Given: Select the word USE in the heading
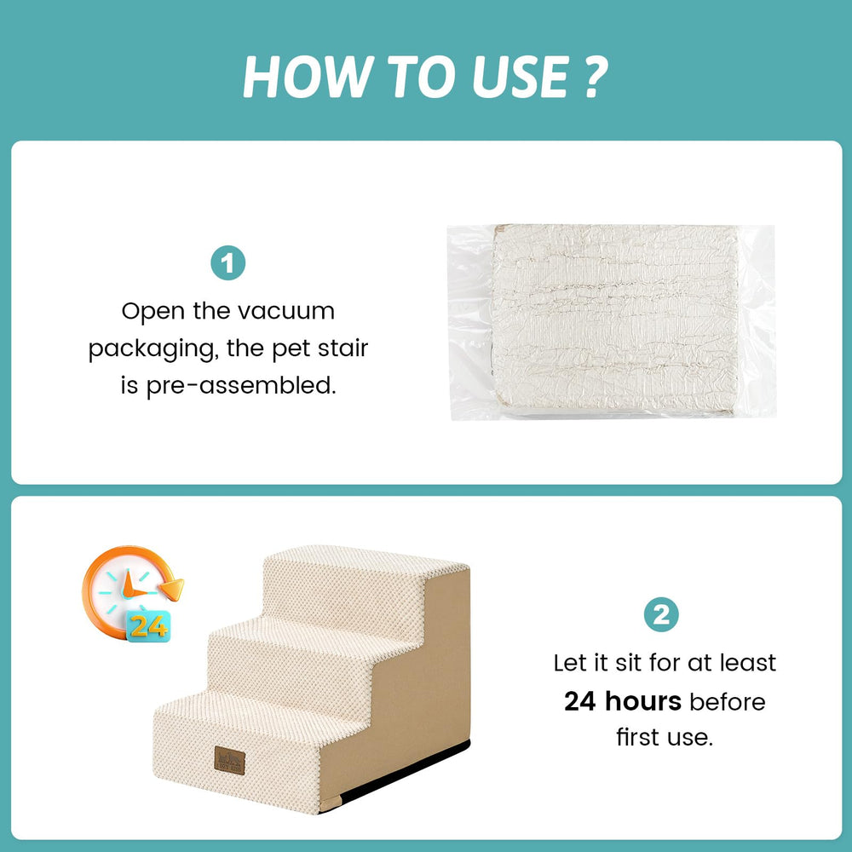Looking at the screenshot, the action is point(521,77).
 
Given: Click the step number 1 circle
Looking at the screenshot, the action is point(227,263).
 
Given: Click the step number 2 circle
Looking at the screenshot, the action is point(661,615).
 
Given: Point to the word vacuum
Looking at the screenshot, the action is point(285,311).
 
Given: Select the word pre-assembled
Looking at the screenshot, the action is point(241,386).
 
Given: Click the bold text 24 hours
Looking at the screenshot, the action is point(623,701).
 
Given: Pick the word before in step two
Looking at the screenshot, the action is point(728,701).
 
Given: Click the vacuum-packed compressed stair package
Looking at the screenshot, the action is point(611,322).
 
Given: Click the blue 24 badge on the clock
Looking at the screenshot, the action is point(148,626).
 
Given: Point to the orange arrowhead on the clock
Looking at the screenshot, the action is point(173,589).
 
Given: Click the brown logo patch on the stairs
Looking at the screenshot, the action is point(229,760).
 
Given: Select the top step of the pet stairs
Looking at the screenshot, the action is point(366,561).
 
